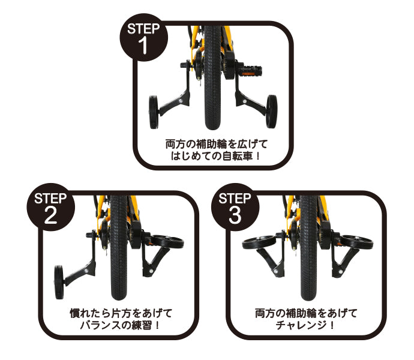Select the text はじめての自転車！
click(214, 158)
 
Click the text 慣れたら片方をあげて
click(121, 313)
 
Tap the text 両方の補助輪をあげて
click(306, 313)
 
